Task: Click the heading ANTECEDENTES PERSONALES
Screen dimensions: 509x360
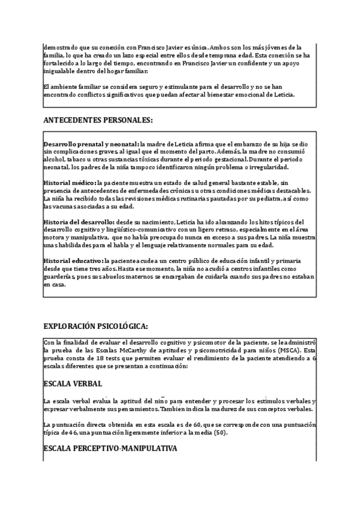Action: (x=98, y=120)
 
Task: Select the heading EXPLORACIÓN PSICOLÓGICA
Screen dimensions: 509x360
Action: (x=95, y=326)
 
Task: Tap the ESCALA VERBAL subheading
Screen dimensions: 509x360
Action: (x=73, y=383)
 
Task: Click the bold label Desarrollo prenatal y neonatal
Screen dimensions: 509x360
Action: (x=90, y=144)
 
